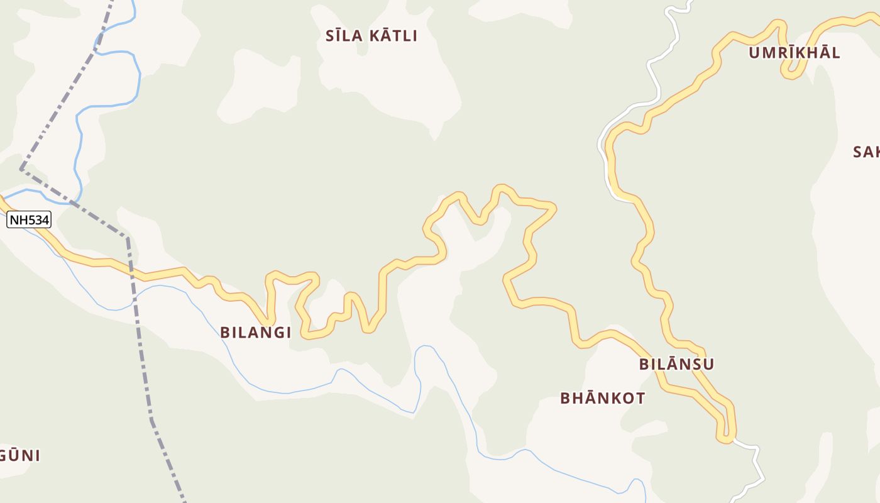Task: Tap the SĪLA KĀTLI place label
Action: [x=371, y=36]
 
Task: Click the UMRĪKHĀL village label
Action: [x=794, y=53]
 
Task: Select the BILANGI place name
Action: [x=255, y=333]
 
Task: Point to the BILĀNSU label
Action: [x=676, y=364]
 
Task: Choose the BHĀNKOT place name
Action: [x=602, y=398]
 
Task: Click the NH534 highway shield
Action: [x=29, y=219]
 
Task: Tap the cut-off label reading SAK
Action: [x=866, y=152]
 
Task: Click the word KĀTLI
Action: [x=393, y=36]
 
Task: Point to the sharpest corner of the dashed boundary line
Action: [x=21, y=169]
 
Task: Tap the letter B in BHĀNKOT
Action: [x=565, y=398]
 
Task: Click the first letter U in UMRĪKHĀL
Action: [x=754, y=53]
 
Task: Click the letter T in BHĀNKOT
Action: [x=640, y=398]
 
